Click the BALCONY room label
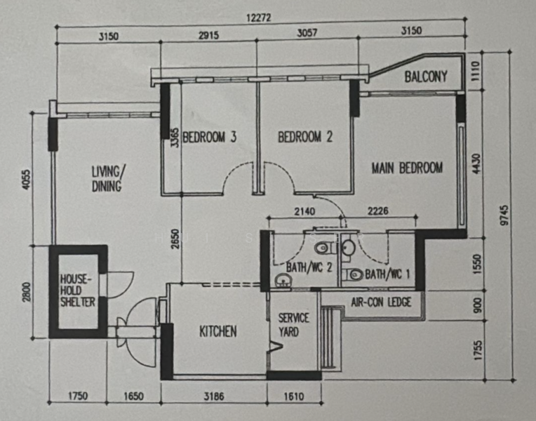pyautogui.click(x=426, y=76)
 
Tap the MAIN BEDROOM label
pyautogui.click(x=407, y=168)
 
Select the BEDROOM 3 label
pyautogui.click(x=210, y=137)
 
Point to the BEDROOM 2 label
pyautogui.click(x=305, y=137)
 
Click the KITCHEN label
pyautogui.click(x=217, y=331)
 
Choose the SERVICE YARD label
pyautogui.click(x=293, y=325)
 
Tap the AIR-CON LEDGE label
pyautogui.click(x=381, y=302)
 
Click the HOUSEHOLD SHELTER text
pyautogui.click(x=78, y=290)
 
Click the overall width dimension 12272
pyautogui.click(x=259, y=18)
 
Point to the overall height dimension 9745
pyautogui.click(x=504, y=215)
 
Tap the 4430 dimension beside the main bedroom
pyautogui.click(x=476, y=163)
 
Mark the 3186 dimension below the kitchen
pyautogui.click(x=214, y=396)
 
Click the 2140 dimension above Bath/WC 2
pyautogui.click(x=304, y=211)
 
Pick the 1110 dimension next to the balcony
pyautogui.click(x=476, y=71)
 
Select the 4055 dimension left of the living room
pyautogui.click(x=27, y=179)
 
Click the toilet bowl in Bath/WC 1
pyautogui.click(x=353, y=274)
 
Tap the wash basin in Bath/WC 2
pyautogui.click(x=283, y=280)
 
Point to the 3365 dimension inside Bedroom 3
pyautogui.click(x=174, y=138)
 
